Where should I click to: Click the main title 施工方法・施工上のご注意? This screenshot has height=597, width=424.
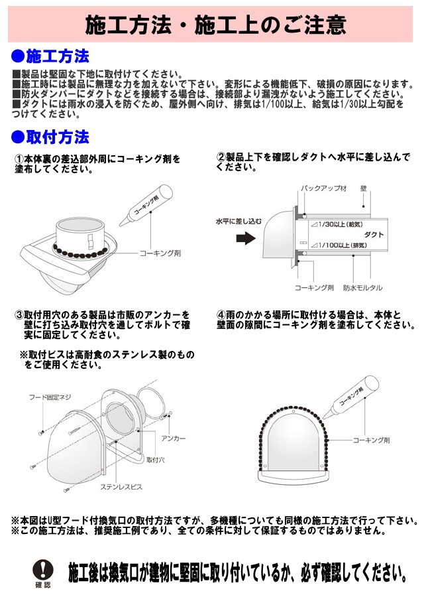tap(215, 25)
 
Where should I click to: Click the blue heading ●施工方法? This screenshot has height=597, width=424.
tap(50, 56)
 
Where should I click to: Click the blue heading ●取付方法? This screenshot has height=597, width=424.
tap(50, 137)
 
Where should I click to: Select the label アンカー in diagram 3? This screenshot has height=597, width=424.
tap(174, 438)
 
